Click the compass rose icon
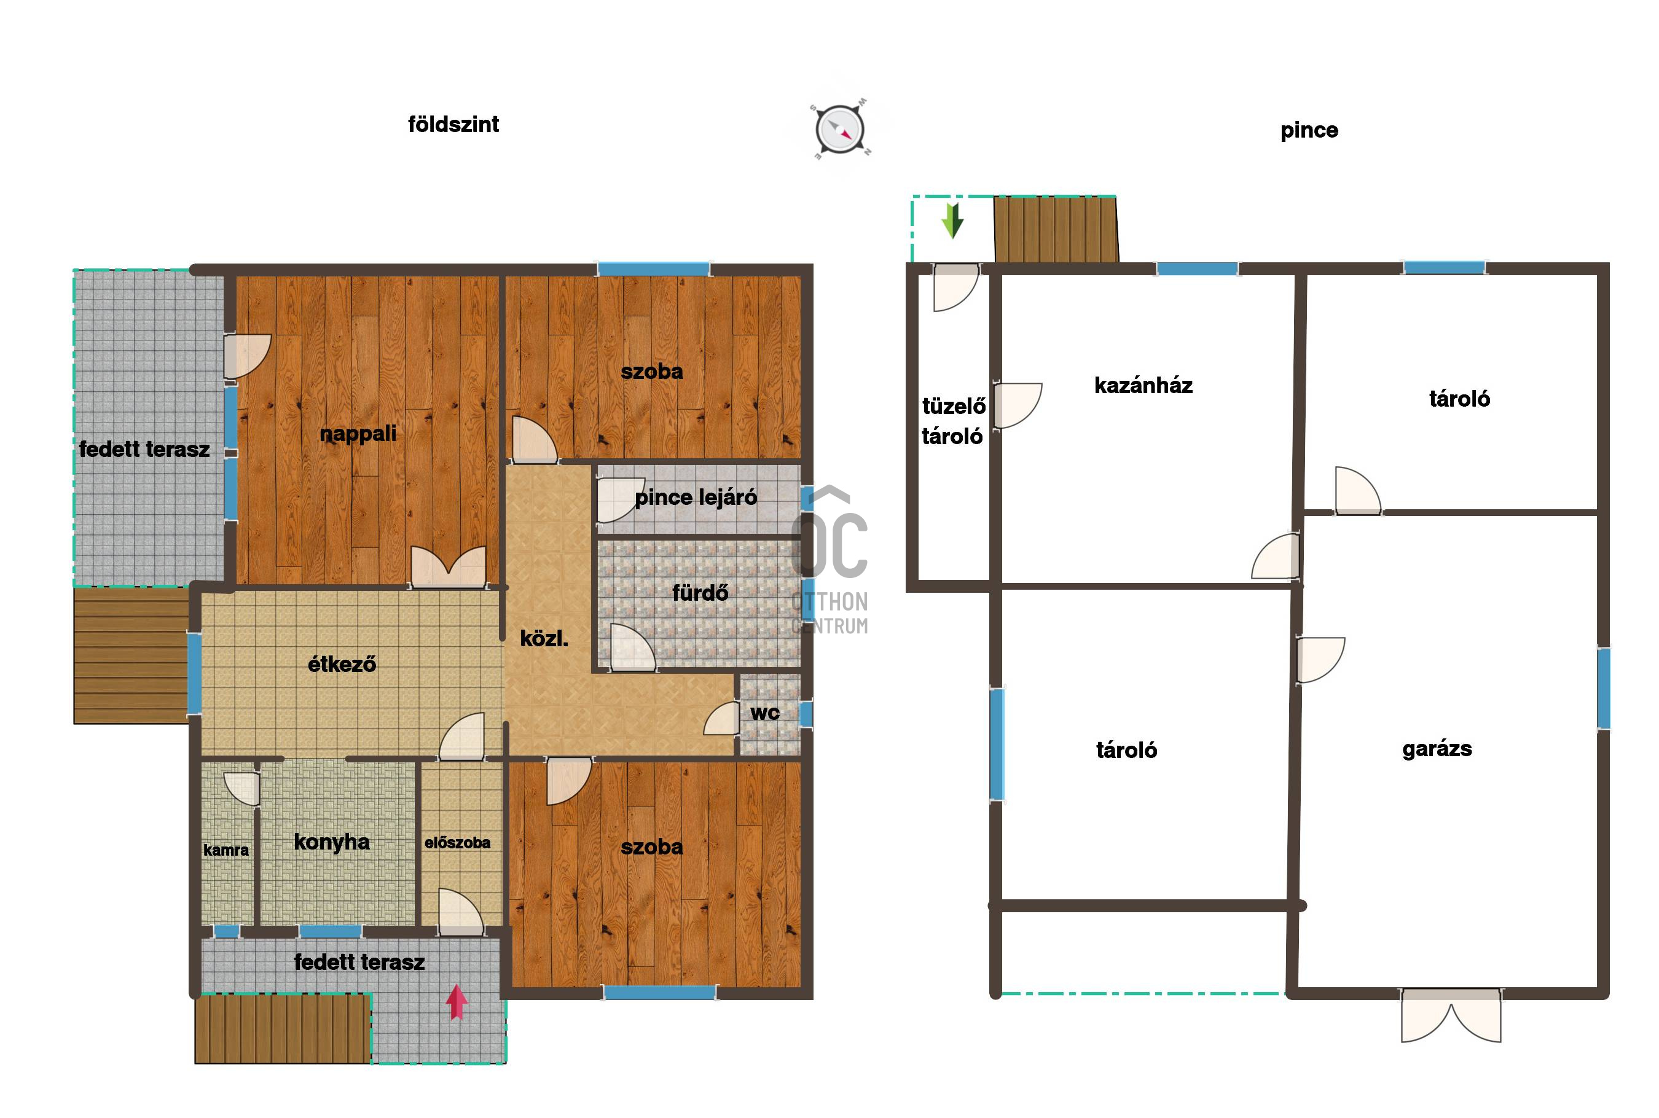pyautogui.click(x=840, y=130)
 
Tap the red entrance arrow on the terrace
pyautogui.click(x=457, y=1001)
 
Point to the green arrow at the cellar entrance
pyautogui.click(x=952, y=221)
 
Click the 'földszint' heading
pyautogui.click(x=453, y=125)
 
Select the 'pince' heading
pyautogui.click(x=1309, y=130)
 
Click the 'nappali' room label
pyautogui.click(x=358, y=434)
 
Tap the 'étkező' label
pyautogui.click(x=342, y=664)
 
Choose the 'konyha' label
pyautogui.click(x=332, y=842)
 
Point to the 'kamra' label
pyautogui.click(x=226, y=850)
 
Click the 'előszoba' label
pyautogui.click(x=457, y=843)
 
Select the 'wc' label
pyautogui.click(x=764, y=713)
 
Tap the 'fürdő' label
pyautogui.click(x=700, y=593)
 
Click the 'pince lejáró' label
pyautogui.click(x=696, y=498)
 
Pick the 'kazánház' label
pyautogui.click(x=1143, y=386)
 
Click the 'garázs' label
pyautogui.click(x=1437, y=749)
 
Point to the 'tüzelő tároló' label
pyautogui.click(x=953, y=421)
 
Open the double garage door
pyautogui.click(x=1451, y=1015)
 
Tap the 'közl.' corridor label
pyautogui.click(x=544, y=638)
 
